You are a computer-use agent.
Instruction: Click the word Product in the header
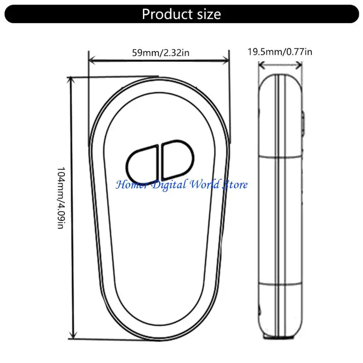(167, 15)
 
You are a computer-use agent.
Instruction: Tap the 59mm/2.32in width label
(161, 53)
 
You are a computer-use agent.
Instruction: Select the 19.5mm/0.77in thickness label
(280, 52)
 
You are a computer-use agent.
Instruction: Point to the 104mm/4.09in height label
(61, 198)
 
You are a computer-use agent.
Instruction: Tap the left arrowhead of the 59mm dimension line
(92, 61)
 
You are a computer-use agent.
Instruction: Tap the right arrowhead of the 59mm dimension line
(226, 61)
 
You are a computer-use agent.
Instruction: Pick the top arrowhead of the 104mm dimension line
(71, 80)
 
